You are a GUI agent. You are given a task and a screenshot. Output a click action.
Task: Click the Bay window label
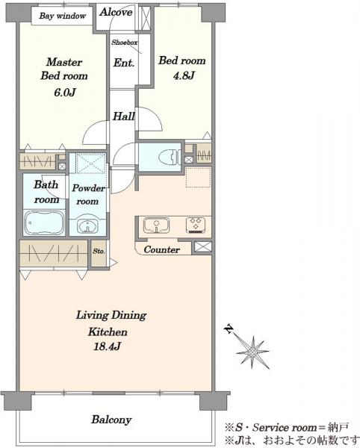coord(63,16)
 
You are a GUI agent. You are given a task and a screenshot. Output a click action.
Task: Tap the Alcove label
coord(116,12)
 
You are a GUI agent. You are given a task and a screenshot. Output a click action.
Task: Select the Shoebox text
coord(124,43)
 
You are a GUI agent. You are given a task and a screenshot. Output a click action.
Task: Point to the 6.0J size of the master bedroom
coord(65,93)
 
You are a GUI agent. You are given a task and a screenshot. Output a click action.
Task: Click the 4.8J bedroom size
coord(184,75)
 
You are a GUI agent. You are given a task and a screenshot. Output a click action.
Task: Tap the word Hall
coord(124,116)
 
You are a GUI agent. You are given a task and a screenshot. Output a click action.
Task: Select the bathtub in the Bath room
coord(45,223)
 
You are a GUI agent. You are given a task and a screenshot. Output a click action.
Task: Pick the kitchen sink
coord(156,225)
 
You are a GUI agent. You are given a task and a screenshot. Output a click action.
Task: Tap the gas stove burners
coord(196,225)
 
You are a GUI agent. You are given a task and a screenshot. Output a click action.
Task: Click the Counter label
coord(162,249)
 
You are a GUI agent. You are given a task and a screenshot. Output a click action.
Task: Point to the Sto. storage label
coord(99,252)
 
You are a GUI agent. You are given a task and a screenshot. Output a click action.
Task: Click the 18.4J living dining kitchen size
coord(107,346)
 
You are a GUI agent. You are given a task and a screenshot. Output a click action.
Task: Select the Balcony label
coord(111,420)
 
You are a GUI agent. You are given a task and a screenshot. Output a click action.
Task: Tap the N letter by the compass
coord(229,329)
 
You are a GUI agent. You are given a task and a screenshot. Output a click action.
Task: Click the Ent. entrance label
coord(124,63)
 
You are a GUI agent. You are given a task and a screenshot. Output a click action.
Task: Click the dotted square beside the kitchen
coord(198,178)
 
